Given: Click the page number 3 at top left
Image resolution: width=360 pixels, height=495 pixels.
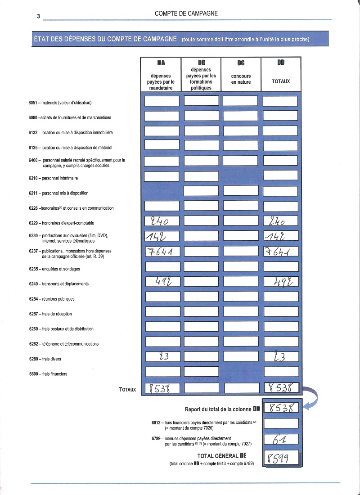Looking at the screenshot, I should pyautogui.click(x=39, y=16).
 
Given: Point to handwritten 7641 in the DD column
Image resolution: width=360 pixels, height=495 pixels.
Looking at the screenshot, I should pyautogui.click(x=280, y=251).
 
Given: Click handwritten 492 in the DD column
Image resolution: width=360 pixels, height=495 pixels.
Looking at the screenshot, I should pyautogui.click(x=281, y=282).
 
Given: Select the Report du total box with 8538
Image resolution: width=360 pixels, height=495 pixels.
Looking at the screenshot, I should pyautogui.click(x=281, y=408).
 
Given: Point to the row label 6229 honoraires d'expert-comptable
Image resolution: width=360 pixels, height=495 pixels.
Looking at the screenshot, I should pyautogui.click(x=61, y=223).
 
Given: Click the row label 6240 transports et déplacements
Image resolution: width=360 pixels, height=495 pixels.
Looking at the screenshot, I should pyautogui.click(x=58, y=284).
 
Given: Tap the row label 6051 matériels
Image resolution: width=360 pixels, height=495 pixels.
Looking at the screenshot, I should pyautogui.click(x=60, y=103).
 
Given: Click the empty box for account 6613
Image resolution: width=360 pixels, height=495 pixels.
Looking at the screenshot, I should pyautogui.click(x=281, y=423).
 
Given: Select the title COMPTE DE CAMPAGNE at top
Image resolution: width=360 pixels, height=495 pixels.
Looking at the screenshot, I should pyautogui.click(x=186, y=13).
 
